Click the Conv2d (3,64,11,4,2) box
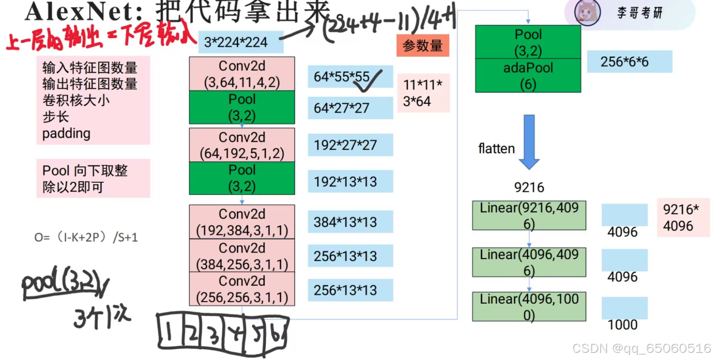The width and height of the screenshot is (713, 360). point(242,74)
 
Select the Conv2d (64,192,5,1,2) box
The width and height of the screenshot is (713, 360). point(242,145)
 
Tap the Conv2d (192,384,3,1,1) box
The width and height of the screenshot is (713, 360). point(242,222)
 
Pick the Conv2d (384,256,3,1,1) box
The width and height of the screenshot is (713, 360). point(242,256)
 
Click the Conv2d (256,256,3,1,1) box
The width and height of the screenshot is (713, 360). point(242,289)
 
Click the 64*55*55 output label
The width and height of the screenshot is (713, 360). point(350,77)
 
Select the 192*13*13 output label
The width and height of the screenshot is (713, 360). point(350,181)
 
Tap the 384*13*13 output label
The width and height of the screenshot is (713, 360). point(350,222)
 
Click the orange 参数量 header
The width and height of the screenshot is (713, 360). point(423,46)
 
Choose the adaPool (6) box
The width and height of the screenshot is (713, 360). point(528,75)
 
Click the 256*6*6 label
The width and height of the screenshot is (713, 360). point(629,61)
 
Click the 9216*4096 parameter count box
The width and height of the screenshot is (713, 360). point(683,217)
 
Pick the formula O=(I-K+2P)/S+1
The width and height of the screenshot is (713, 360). point(86,237)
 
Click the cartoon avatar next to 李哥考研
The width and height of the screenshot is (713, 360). point(585,13)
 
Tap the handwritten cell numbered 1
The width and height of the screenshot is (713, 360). point(168,333)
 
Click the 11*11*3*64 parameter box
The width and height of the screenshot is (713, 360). point(423,93)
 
